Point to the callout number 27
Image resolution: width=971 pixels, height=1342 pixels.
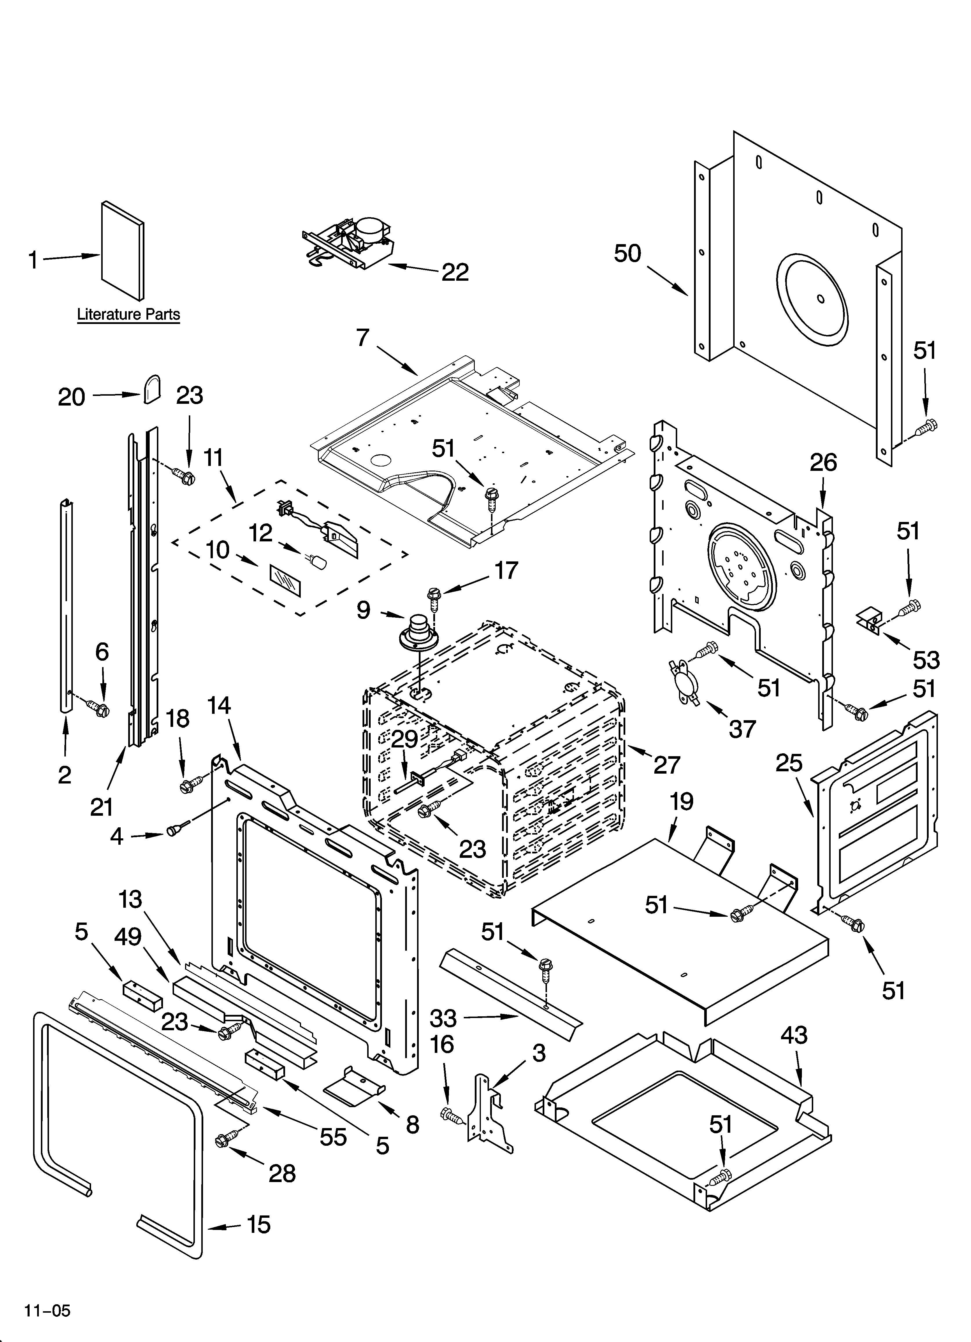coord(666,765)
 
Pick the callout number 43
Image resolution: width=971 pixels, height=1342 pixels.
coord(794,1034)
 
